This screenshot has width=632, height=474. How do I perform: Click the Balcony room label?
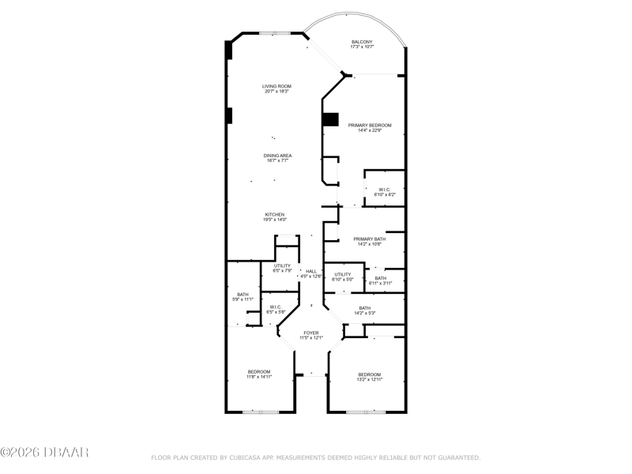tap(362, 42)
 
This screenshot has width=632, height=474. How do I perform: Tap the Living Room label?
tap(276, 86)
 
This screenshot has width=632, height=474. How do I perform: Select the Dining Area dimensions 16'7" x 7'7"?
tap(277, 160)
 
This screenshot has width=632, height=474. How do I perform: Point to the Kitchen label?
tap(275, 214)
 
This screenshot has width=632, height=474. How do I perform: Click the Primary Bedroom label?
tap(370, 126)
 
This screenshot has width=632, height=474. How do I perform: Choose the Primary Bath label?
tap(369, 239)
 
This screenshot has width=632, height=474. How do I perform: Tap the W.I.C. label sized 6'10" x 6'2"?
tap(385, 190)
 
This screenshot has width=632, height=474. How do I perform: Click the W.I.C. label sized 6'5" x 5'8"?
tap(276, 307)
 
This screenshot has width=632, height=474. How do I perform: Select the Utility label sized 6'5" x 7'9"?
tap(282, 266)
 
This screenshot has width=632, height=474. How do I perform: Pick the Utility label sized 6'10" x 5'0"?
tap(343, 274)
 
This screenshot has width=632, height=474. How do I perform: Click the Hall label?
tap(311, 271)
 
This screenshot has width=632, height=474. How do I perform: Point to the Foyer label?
tap(311, 333)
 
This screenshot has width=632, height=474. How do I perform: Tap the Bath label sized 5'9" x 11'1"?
tap(243, 295)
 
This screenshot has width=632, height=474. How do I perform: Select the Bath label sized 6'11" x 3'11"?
tap(381, 278)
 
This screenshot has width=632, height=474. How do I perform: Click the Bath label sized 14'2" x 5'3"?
tap(365, 308)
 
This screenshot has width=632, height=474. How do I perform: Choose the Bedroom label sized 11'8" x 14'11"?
tap(259, 371)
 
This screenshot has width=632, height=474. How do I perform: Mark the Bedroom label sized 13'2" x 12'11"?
tap(370, 374)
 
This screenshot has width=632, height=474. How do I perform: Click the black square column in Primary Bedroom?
tap(330, 120)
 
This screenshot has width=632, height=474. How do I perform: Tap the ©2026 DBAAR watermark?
tap(44, 452)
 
